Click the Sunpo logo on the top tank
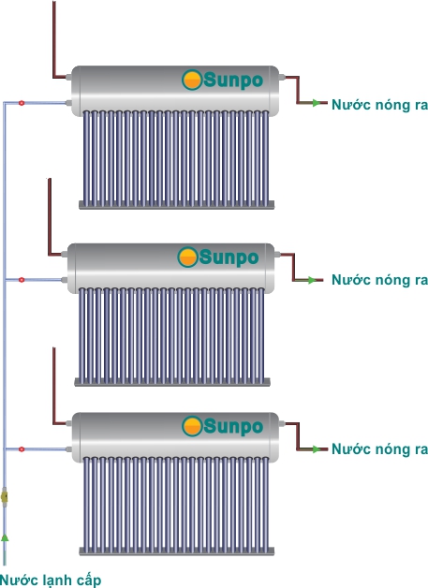[x=223, y=80]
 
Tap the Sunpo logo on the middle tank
[x=218, y=257]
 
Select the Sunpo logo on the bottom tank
[x=223, y=426]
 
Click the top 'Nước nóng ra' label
[x=379, y=104]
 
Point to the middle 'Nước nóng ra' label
[x=379, y=280]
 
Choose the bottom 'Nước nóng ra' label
[x=379, y=448]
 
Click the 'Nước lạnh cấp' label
[x=51, y=580]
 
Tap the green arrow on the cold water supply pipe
[x=5, y=538]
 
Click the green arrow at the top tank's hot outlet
[x=317, y=103]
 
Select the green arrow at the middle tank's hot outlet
[x=312, y=280]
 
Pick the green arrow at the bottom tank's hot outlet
[x=317, y=448]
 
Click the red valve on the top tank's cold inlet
[x=22, y=103]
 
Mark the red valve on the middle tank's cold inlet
[x=22, y=280]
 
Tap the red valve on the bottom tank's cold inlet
[x=22, y=448]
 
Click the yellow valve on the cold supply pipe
[x=5, y=497]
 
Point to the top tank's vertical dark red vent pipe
[x=54, y=39]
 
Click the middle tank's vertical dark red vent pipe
[x=49, y=216]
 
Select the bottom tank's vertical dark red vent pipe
[x=54, y=386]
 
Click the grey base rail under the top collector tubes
[x=176, y=205]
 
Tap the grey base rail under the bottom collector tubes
[x=176, y=551]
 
